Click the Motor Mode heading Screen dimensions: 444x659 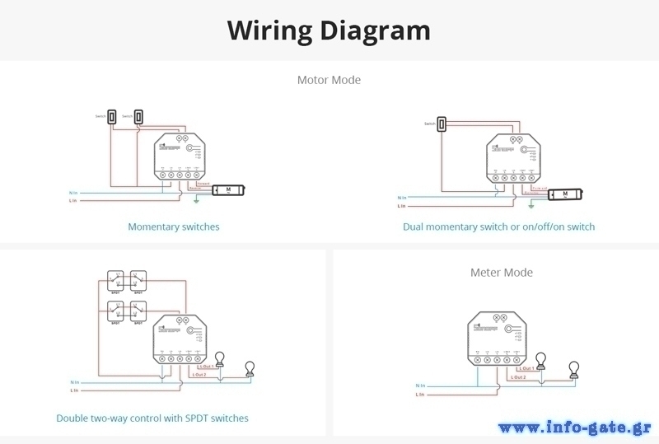pyautogui.click(x=329, y=80)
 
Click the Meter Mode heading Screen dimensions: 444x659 pyautogui.click(x=501, y=272)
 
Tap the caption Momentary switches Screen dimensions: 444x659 pyautogui.click(x=174, y=227)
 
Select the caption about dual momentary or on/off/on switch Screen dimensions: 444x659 pyautogui.click(x=498, y=227)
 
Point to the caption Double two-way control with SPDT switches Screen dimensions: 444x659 pyautogui.click(x=152, y=418)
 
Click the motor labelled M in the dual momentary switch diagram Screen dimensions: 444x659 pyautogui.click(x=564, y=194)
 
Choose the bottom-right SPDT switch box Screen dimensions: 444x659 pyautogui.click(x=138, y=311)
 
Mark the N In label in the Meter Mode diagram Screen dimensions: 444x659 pyautogui.click(x=421, y=386)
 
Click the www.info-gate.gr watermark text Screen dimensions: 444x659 pyautogui.click(x=574, y=427)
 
